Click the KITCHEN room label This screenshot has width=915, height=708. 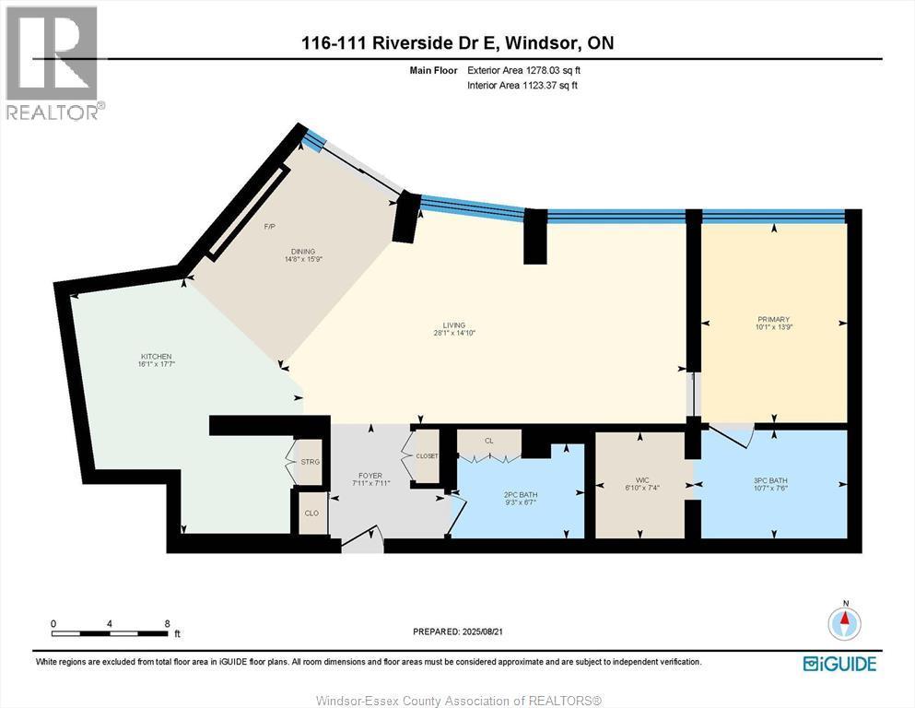point(156,357)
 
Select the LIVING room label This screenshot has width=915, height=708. point(453,325)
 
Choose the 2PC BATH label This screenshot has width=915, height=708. point(521,495)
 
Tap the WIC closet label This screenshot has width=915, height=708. point(642,480)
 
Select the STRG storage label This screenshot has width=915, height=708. point(309,461)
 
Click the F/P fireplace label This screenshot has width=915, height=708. point(270,227)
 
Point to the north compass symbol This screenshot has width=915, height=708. point(844,623)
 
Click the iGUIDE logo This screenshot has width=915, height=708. point(839,664)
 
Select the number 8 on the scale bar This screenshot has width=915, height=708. point(167,623)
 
